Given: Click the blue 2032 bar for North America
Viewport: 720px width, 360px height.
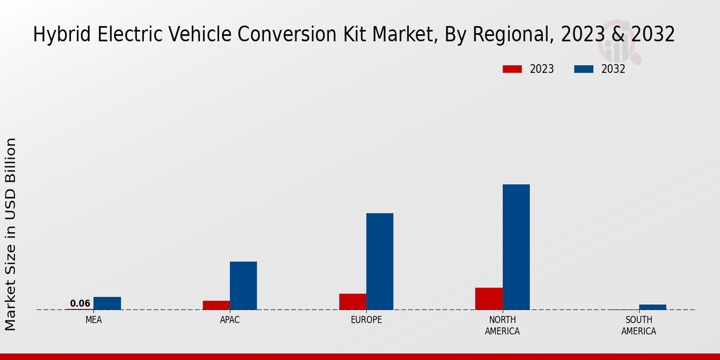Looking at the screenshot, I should pyautogui.click(x=516, y=247).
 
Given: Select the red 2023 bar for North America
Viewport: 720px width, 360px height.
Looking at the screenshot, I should pyautogui.click(x=488, y=299).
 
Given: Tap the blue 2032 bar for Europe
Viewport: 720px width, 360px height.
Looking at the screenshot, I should pyautogui.click(x=380, y=261).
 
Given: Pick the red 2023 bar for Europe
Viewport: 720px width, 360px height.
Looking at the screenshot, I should pyautogui.click(x=352, y=302).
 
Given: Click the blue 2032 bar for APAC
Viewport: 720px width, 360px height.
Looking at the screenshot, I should pyautogui.click(x=243, y=286).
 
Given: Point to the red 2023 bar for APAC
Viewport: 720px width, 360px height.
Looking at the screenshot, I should pyautogui.click(x=216, y=305).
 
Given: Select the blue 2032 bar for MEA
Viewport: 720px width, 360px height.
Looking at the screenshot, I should pyautogui.click(x=107, y=304).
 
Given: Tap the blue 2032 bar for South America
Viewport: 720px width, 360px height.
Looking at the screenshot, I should pyautogui.click(x=652, y=307).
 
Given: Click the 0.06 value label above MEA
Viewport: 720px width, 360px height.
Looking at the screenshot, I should pyautogui.click(x=80, y=304).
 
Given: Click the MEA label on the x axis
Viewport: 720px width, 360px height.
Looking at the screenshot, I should pyautogui.click(x=94, y=320).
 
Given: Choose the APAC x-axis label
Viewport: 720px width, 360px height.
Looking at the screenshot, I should pyautogui.click(x=230, y=320).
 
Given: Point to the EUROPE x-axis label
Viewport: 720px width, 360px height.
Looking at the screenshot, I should pyautogui.click(x=366, y=320).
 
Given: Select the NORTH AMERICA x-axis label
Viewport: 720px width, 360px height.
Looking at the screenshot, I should pyautogui.click(x=502, y=325).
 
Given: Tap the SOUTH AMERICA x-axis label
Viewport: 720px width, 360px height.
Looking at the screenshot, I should pyautogui.click(x=638, y=325).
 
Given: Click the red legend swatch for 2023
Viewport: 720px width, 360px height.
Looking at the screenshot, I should pyautogui.click(x=512, y=69).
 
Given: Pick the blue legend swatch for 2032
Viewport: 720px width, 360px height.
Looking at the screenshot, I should pyautogui.click(x=583, y=69).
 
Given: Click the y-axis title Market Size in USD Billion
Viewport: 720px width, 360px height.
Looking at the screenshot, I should pyautogui.click(x=11, y=234).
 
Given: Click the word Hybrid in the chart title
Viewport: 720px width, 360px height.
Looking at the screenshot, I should pyautogui.click(x=58, y=35).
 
